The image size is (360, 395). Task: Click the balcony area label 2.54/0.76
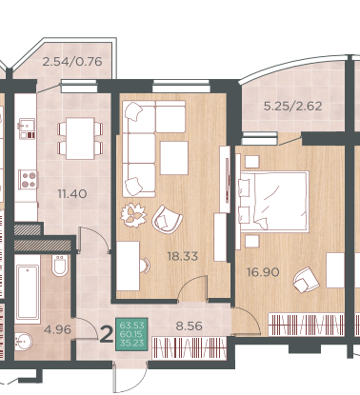pyautogui.click(x=72, y=61)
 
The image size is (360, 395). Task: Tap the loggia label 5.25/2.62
pyautogui.click(x=292, y=106)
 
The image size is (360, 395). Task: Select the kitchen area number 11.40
pyautogui.click(x=72, y=193)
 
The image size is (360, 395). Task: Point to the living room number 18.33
pyautogui.click(x=183, y=256)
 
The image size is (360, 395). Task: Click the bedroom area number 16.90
pyautogui.click(x=263, y=272)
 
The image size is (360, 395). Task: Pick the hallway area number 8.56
pyautogui.click(x=190, y=326)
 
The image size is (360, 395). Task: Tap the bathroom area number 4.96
pyautogui.click(x=57, y=330)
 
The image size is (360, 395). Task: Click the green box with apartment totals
pyautogui.click(x=131, y=334)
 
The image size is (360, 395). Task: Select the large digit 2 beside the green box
pyautogui.click(x=107, y=335)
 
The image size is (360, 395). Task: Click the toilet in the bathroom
pyautogui.click(x=60, y=266)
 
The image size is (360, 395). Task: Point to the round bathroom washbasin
pyautogui.click(x=23, y=341)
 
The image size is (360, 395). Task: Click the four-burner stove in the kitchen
pyautogui.click(x=28, y=180)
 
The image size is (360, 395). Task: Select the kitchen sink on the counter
pyautogui.click(x=28, y=128)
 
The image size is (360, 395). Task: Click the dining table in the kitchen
pyautogui.click(x=80, y=138)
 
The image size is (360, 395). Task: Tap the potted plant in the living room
pyautogui.click(x=133, y=215)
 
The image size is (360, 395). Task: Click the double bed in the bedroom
pyautogui.click(x=274, y=202)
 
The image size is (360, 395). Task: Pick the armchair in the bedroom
pyautogui.click(x=306, y=280)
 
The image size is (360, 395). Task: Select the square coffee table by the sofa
pyautogui.click(x=174, y=158)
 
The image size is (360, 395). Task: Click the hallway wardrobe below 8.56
pyautogui.click(x=190, y=348)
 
